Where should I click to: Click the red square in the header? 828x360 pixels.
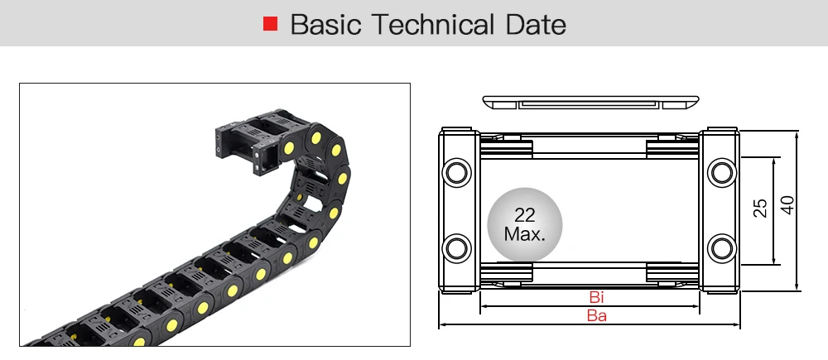(x=271, y=24)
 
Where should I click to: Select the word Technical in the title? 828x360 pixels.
(x=433, y=24)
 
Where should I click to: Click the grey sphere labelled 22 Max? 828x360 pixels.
(x=525, y=224)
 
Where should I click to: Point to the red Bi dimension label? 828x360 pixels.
(x=596, y=297)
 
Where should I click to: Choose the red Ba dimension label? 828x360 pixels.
(x=597, y=315)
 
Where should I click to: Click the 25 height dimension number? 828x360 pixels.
(x=760, y=208)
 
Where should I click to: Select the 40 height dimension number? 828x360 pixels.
(x=787, y=205)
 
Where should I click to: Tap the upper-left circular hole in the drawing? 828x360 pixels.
(x=457, y=173)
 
